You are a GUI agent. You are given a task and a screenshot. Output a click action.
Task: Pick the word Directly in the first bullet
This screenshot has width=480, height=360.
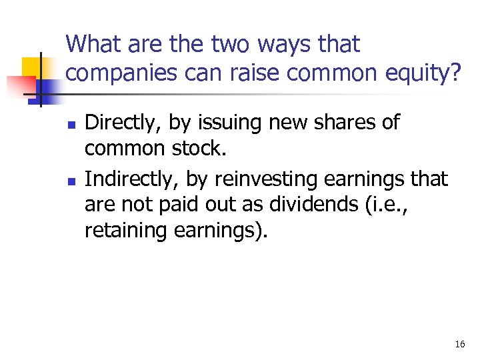pyautogui.click(x=123, y=123)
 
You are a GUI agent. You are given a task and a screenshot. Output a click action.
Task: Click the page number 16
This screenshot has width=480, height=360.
pyautogui.click(x=459, y=344)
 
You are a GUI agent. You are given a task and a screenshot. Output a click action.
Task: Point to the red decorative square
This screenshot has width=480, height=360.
pyautogui.click(x=19, y=86)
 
